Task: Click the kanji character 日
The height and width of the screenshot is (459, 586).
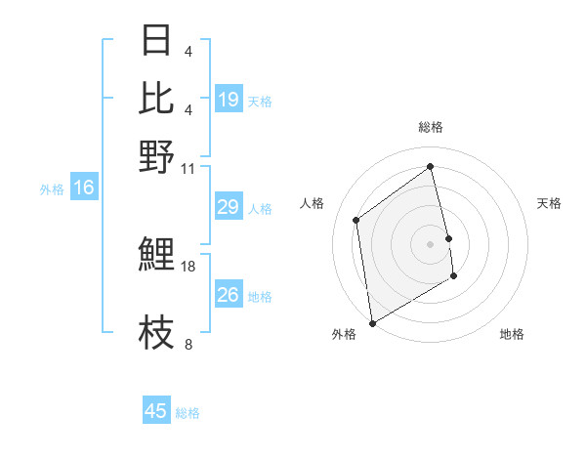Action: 156,41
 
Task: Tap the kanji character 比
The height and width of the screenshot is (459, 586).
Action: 156,98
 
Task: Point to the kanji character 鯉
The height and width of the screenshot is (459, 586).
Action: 156,255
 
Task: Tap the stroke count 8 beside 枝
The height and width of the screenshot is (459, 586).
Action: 188,344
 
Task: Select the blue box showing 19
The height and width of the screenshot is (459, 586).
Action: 228,100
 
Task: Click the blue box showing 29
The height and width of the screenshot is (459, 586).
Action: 228,207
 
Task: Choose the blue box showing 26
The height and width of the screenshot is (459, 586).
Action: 228,295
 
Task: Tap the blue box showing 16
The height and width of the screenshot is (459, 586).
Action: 83,188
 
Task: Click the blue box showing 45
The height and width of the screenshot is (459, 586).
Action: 156,411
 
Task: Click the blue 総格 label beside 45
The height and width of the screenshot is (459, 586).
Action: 188,413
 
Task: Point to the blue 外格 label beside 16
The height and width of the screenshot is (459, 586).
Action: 52,189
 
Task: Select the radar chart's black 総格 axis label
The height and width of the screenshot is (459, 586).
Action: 430,127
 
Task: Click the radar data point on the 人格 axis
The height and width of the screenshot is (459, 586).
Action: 356,220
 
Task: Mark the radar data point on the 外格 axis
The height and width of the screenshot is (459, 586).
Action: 372,322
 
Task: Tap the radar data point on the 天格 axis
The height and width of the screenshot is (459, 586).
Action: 448,237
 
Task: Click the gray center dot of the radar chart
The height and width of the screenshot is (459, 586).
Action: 430,243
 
